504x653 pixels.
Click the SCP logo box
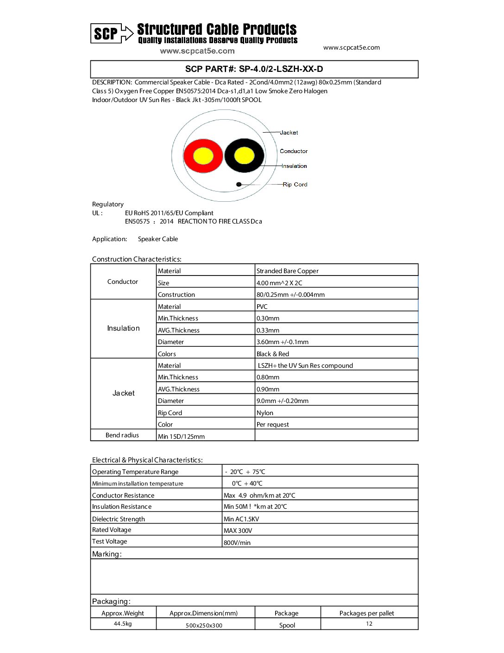106,33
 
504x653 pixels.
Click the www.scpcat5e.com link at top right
351,47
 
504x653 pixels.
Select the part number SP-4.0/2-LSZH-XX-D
254,69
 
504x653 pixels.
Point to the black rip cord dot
239,184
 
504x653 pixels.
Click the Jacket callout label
289,133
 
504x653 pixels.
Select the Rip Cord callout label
295,185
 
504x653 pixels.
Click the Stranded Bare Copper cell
288,271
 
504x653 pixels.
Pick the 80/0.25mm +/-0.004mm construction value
290,294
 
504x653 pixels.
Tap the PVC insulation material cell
262,307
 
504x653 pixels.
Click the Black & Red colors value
273,354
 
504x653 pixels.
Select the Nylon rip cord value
265,413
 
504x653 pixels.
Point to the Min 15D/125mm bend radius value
181,436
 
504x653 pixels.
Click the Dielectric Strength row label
119,519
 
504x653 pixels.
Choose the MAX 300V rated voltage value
238,531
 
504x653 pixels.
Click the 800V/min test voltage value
237,543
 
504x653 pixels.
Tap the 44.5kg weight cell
123,624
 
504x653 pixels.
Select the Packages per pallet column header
366,613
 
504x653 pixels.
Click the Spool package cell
287,625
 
